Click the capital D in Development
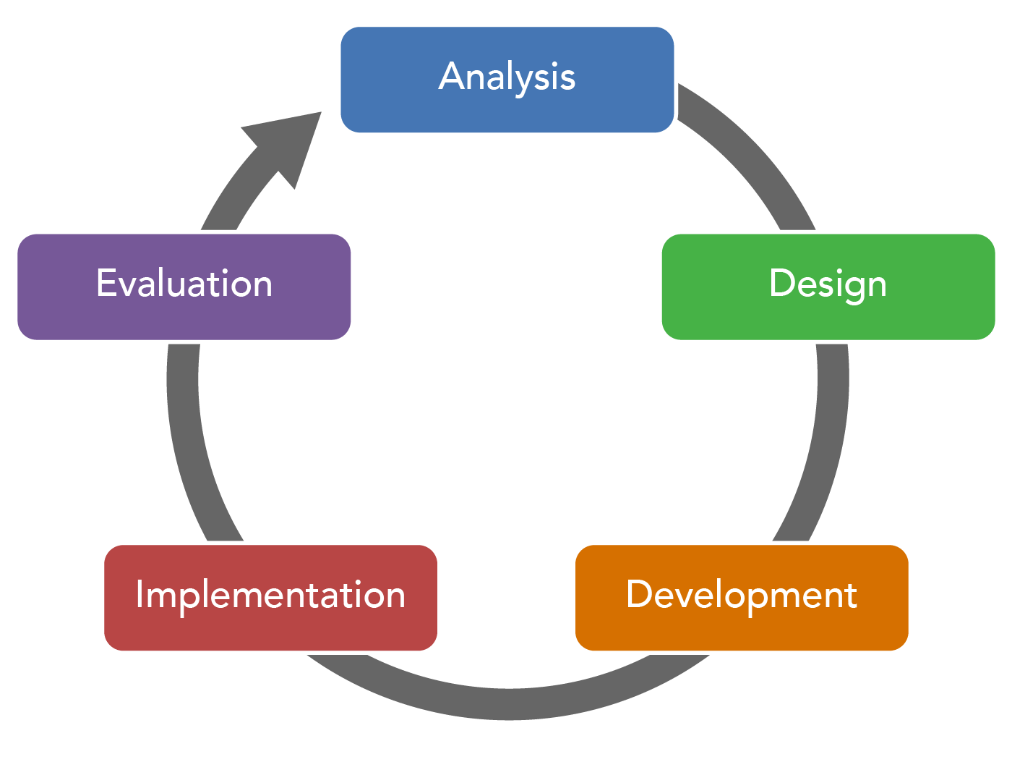(639, 594)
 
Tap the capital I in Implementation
(140, 594)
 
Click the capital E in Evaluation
(106, 283)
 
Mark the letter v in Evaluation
(129, 286)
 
